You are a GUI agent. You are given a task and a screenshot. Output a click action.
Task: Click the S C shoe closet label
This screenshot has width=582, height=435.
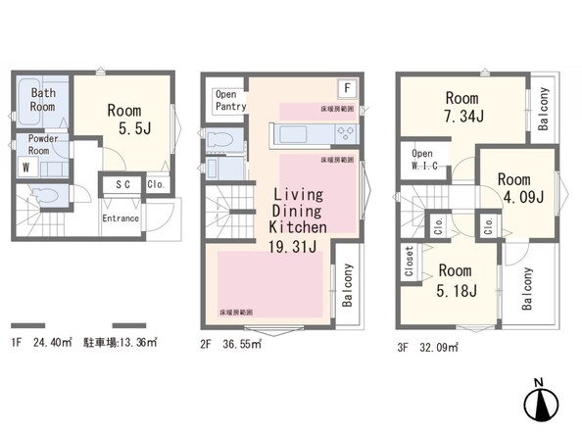pyautogui.click(x=124, y=184)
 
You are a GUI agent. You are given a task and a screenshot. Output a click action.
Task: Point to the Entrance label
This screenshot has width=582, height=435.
pyautogui.click(x=121, y=217)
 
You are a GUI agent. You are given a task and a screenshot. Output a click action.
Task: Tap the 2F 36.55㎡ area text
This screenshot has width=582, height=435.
pyautogui.click(x=231, y=344)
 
